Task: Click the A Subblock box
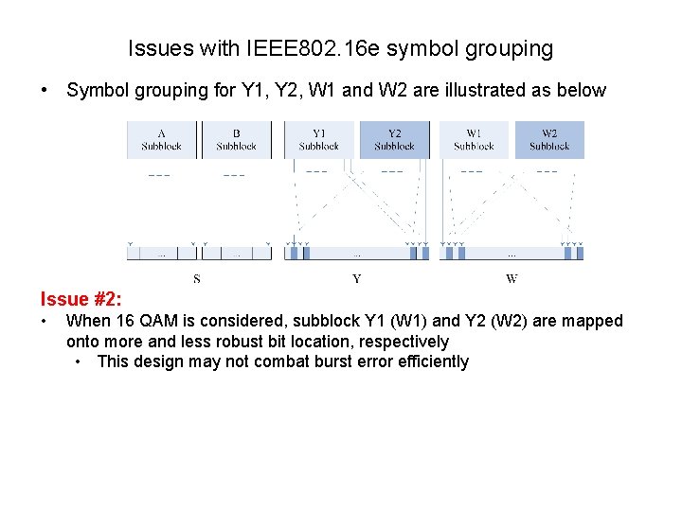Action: tap(161, 140)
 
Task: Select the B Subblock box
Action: tap(236, 140)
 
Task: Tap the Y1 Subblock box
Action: tap(318, 140)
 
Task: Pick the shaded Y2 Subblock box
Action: tap(394, 140)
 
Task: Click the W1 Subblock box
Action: tap(474, 140)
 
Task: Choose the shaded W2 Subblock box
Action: tap(549, 140)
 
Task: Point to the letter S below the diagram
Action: tap(197, 279)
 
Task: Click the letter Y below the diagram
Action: tap(356, 279)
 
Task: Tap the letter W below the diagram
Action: tap(511, 279)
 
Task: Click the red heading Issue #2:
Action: tap(81, 300)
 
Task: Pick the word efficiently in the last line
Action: tap(426, 361)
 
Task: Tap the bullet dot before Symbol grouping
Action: tap(45, 91)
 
